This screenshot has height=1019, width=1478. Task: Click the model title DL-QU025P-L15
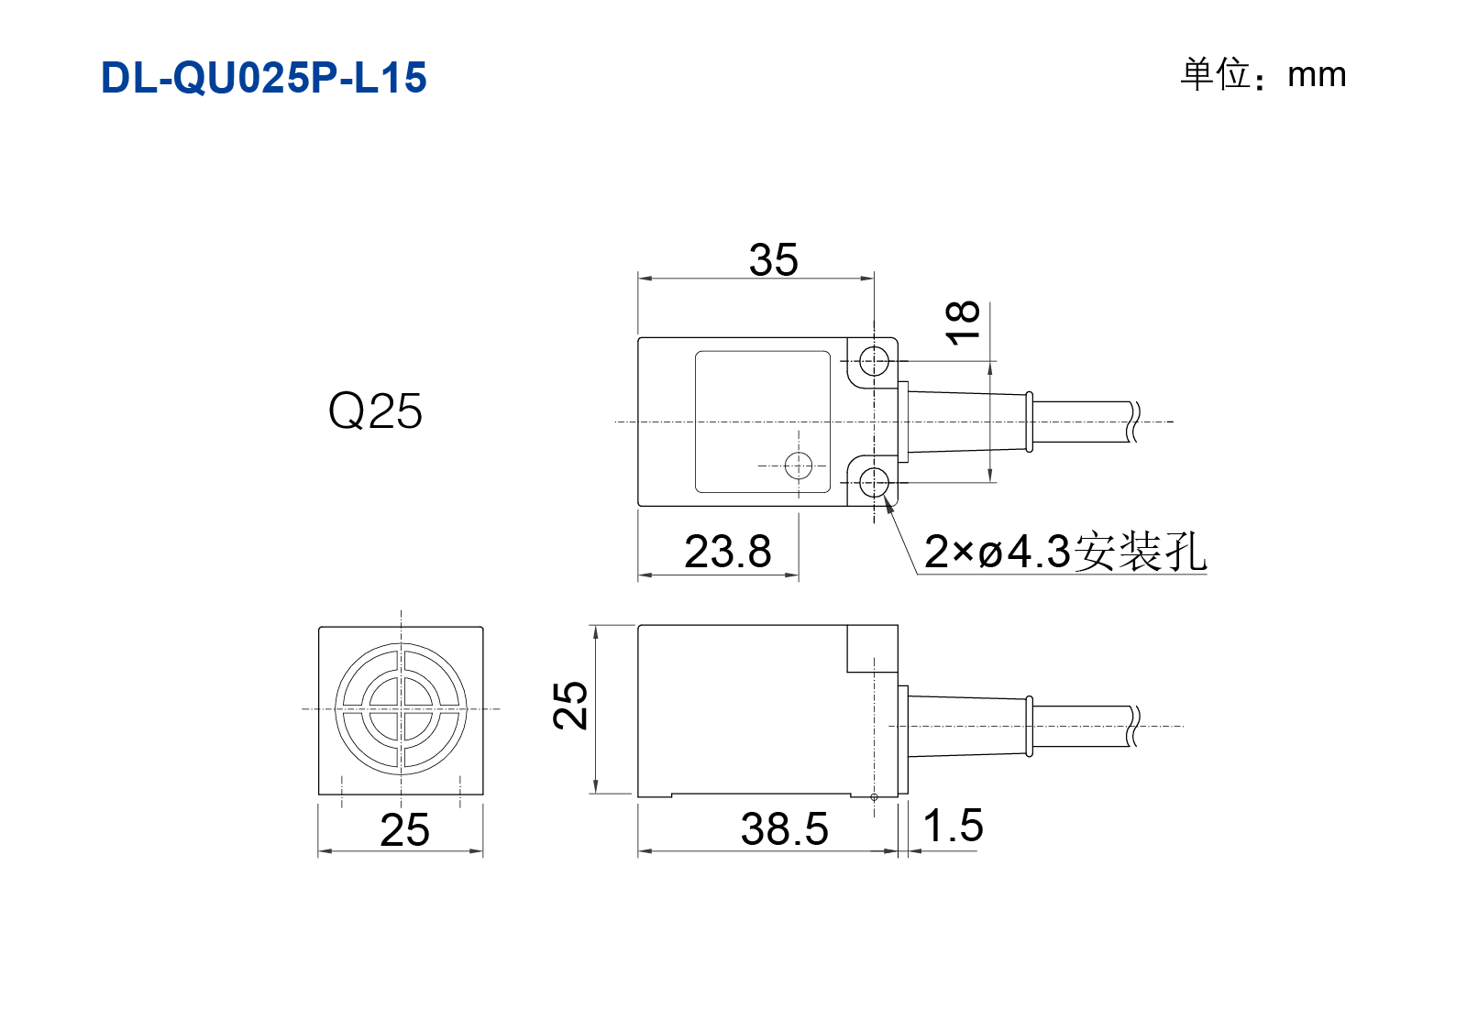pyautogui.click(x=263, y=78)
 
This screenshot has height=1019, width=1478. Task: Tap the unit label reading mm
pyautogui.click(x=1317, y=75)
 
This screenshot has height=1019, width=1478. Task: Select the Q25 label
pyautogui.click(x=375, y=411)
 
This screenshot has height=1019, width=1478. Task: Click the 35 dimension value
pyautogui.click(x=773, y=260)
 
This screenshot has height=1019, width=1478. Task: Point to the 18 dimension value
pyautogui.click(x=963, y=322)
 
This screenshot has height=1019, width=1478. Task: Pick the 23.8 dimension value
pyautogui.click(x=727, y=552)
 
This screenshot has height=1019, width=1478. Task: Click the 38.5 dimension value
pyautogui.click(x=784, y=829)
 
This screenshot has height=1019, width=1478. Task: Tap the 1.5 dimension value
pyautogui.click(x=953, y=825)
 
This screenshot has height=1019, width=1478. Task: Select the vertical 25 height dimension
pyautogui.click(x=570, y=705)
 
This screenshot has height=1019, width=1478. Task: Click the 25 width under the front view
pyautogui.click(x=404, y=829)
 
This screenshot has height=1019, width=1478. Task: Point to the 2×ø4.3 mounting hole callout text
pyautogui.click(x=1065, y=552)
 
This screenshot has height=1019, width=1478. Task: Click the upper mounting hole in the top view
pyautogui.click(x=875, y=361)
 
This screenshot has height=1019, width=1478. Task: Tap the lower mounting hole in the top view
pyautogui.click(x=875, y=483)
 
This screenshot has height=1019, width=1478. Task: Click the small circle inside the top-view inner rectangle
pyautogui.click(x=799, y=466)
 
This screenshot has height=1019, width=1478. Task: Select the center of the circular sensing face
pyautogui.click(x=402, y=709)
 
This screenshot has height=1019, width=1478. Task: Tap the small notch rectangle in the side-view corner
pyautogui.click(x=872, y=649)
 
